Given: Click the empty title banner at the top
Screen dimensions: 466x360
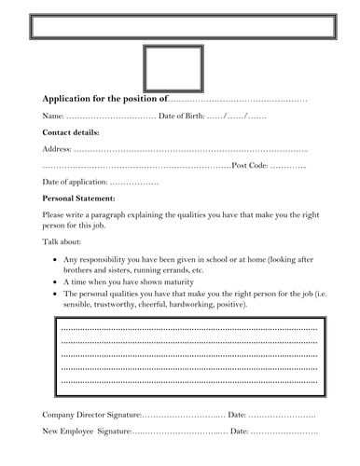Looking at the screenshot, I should click(x=180, y=25).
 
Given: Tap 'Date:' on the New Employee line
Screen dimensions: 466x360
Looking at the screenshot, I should click(x=239, y=432).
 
